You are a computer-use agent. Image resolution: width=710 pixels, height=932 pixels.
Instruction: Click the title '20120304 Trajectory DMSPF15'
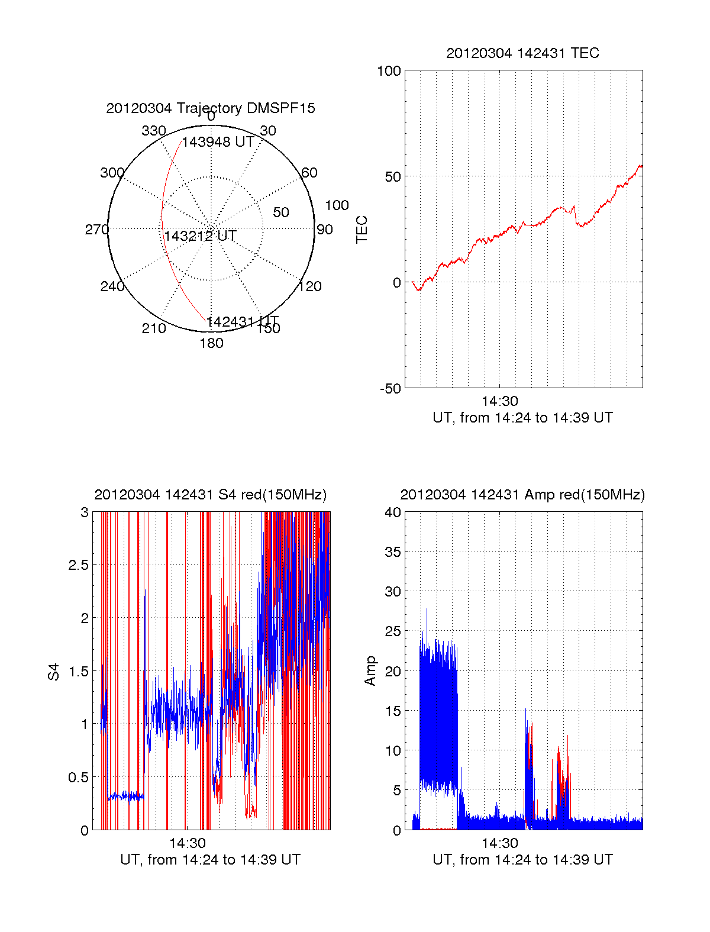click(x=211, y=108)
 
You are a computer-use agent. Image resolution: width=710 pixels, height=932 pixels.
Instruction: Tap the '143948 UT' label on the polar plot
click(x=218, y=143)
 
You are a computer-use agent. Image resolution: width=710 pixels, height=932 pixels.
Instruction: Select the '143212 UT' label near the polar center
click(x=200, y=236)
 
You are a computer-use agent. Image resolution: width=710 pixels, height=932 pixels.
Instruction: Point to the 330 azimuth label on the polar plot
click(x=154, y=131)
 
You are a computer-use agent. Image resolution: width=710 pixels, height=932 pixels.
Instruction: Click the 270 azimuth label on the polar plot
click(x=96, y=230)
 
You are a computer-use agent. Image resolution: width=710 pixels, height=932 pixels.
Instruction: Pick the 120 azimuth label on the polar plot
click(x=310, y=287)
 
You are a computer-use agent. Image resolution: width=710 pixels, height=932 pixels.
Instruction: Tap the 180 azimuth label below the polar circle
click(x=211, y=343)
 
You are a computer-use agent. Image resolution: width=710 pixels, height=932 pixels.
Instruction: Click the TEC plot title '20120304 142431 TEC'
click(x=522, y=53)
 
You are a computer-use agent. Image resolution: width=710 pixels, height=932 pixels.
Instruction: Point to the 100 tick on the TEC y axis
click(x=389, y=72)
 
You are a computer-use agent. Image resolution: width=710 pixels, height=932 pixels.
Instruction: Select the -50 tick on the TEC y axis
click(x=390, y=389)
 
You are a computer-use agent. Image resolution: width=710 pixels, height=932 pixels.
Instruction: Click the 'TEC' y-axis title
click(x=362, y=230)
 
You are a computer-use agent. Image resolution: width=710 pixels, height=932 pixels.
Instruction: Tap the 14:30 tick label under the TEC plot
click(x=499, y=402)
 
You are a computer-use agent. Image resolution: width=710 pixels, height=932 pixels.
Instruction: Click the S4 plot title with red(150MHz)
click(x=210, y=495)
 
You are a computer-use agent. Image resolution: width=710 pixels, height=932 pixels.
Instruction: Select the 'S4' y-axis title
click(x=54, y=672)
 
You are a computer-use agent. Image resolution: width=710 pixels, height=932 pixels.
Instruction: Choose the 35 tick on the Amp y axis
click(x=393, y=552)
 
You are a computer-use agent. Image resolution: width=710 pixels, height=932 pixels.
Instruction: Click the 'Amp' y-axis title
click(x=370, y=671)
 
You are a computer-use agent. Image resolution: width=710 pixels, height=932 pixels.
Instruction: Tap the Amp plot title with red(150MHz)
click(x=522, y=495)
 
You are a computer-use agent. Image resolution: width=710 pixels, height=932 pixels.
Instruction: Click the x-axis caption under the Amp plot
click(x=522, y=860)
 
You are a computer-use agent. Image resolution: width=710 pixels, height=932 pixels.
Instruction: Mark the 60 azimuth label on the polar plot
click(x=309, y=173)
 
